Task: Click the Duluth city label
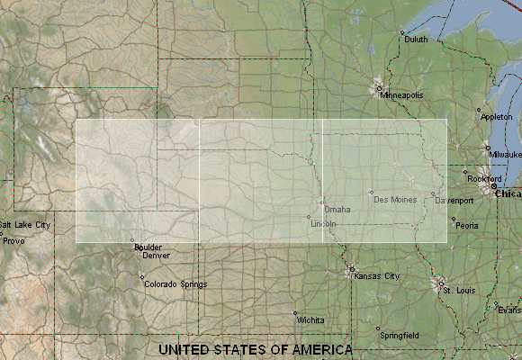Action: point(417,40)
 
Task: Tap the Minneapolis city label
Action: point(400,94)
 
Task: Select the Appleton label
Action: point(497,117)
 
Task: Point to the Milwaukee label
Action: point(505,154)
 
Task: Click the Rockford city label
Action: point(482,178)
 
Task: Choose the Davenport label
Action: point(454,200)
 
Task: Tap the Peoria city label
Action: point(466,226)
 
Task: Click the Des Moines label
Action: point(395,199)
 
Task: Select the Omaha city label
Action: point(337,210)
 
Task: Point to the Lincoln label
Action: point(323,223)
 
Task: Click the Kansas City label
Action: point(377,276)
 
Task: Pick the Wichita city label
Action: point(310,319)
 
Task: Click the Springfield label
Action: point(399,335)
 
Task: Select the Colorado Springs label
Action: point(174,284)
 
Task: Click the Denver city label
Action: point(156,255)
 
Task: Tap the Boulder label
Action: point(147,247)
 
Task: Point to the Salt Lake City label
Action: point(24,224)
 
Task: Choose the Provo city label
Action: point(13,240)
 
